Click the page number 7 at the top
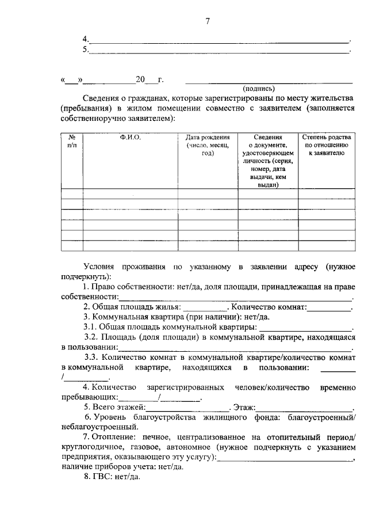point(207,22)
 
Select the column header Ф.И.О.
point(131,138)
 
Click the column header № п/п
point(72,142)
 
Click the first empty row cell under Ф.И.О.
point(131,194)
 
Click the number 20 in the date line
point(140,79)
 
